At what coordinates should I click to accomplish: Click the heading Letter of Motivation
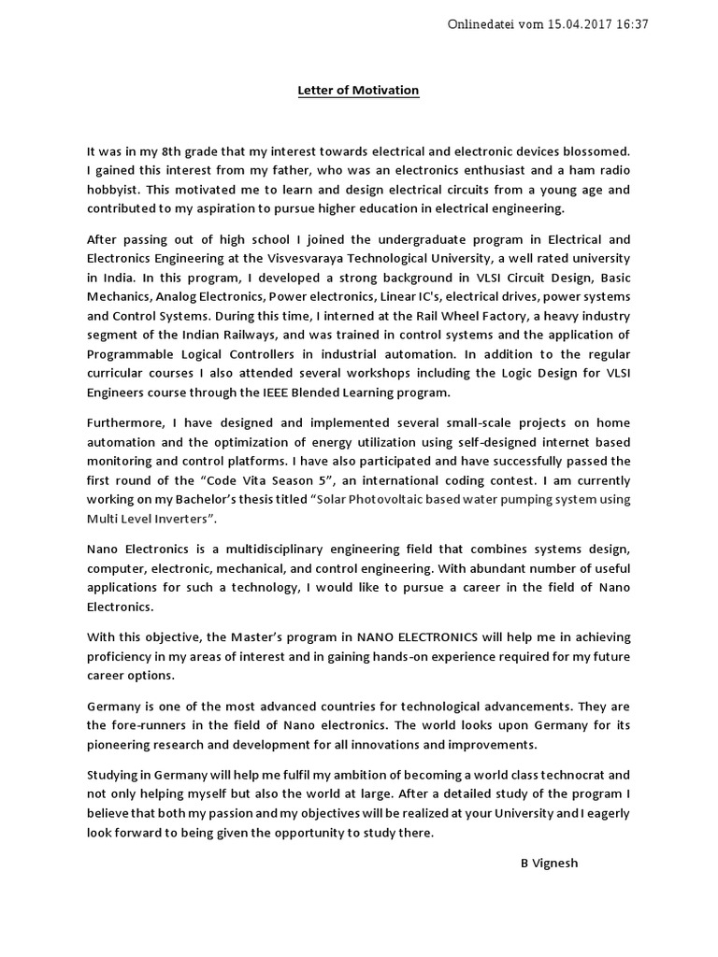click(358, 91)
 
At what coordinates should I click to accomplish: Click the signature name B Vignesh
click(549, 863)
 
